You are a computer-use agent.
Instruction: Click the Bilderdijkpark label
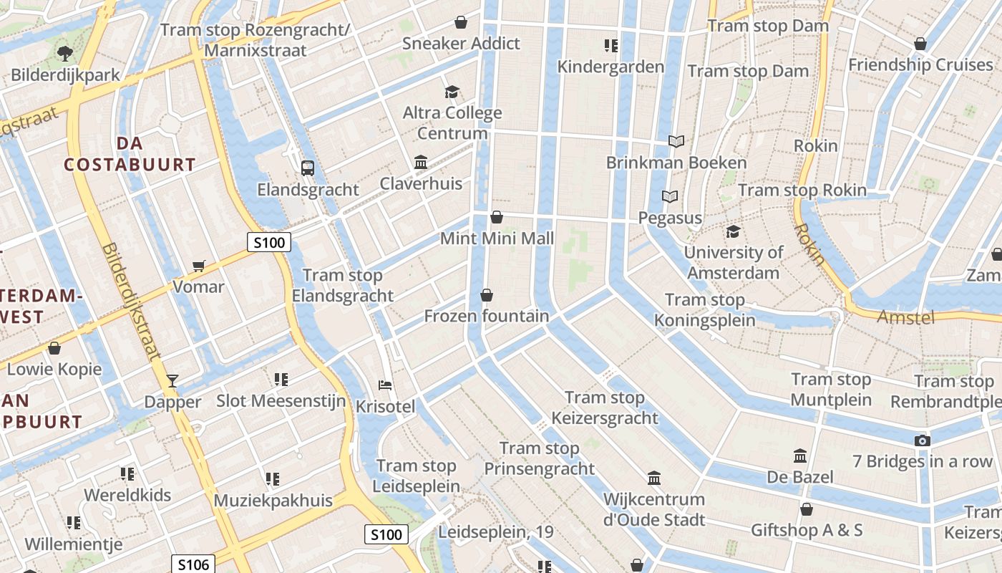click(x=65, y=75)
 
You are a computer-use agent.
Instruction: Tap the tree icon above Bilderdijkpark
click(x=65, y=52)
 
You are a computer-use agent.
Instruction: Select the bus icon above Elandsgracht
click(x=308, y=168)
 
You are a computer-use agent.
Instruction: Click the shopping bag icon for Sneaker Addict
click(x=461, y=22)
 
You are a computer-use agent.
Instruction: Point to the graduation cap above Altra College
click(x=452, y=92)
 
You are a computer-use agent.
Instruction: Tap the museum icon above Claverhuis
click(x=421, y=163)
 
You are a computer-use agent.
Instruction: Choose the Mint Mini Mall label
click(x=497, y=239)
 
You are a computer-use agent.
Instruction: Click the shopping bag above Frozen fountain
click(x=487, y=295)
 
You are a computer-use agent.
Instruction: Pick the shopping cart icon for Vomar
click(x=198, y=266)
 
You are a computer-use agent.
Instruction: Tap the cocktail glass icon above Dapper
click(x=172, y=380)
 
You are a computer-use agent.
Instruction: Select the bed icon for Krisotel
click(x=385, y=385)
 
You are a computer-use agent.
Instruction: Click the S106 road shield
click(x=193, y=564)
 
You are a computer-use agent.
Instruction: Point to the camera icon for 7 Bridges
click(x=923, y=440)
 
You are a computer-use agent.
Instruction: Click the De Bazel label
click(x=799, y=477)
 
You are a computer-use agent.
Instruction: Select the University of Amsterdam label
click(x=733, y=262)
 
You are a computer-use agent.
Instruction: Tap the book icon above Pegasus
click(x=670, y=196)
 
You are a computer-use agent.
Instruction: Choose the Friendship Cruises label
click(x=920, y=65)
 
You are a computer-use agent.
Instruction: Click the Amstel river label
click(x=905, y=317)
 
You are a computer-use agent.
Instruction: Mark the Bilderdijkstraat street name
click(x=131, y=300)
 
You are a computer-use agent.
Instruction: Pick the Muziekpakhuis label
click(x=273, y=500)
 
